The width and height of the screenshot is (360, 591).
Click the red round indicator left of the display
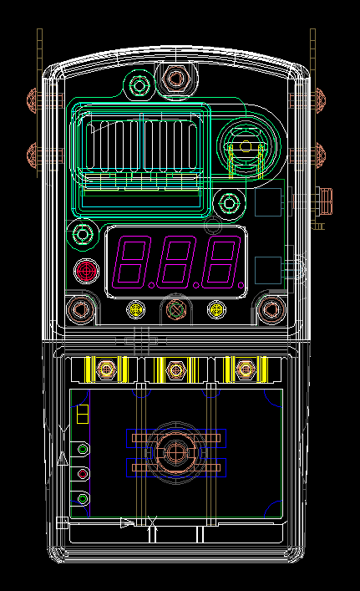[x=87, y=271]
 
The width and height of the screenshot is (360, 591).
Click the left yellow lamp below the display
[x=136, y=309]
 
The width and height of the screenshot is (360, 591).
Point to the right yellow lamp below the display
[x=216, y=309]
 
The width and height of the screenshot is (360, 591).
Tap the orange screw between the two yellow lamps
[x=176, y=309]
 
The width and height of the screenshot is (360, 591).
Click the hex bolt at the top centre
[x=175, y=79]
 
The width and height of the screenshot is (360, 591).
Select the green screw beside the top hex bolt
[x=139, y=85]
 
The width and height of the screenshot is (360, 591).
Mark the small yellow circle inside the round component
[x=246, y=145]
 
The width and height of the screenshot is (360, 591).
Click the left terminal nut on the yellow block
[x=107, y=369]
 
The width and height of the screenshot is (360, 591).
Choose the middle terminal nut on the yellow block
[x=176, y=369]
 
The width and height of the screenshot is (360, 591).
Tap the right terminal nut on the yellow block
[x=246, y=369]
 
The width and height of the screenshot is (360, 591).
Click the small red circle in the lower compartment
[x=83, y=474]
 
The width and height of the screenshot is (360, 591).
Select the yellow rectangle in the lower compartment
[x=83, y=414]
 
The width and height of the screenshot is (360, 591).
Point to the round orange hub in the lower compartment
[x=175, y=452]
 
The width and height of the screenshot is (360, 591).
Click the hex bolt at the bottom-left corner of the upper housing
[x=80, y=310]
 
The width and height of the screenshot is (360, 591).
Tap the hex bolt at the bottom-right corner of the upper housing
[x=271, y=310]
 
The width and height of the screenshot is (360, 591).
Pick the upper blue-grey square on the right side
[x=268, y=202]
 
